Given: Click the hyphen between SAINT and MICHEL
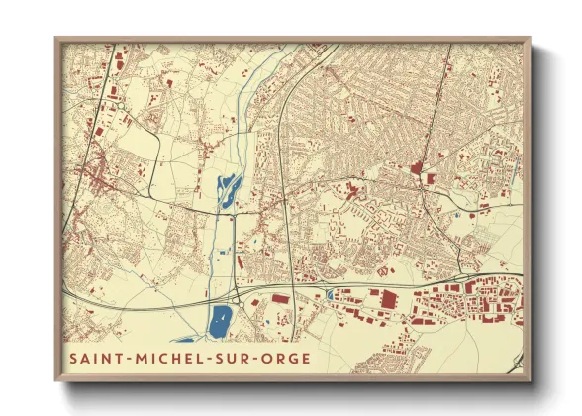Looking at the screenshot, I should tap(126, 358).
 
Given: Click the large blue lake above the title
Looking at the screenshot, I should tap(220, 318).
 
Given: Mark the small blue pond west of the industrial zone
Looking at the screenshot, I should tap(329, 293).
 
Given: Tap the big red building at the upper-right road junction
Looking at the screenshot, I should tap(418, 168).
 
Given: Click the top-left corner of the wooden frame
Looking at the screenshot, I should tap(55, 39).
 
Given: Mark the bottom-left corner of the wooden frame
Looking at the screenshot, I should tap(55, 380).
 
